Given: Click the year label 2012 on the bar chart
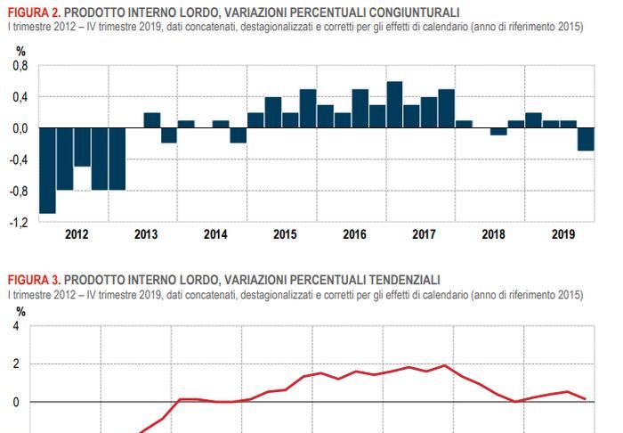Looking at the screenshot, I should point(76,234).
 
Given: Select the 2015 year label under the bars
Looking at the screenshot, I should point(285,234).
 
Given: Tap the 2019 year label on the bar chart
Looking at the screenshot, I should point(562,234).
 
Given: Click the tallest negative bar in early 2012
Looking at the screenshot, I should point(47,170).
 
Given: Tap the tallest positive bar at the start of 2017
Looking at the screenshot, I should point(395,105).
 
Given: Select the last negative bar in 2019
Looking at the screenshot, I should point(586,139).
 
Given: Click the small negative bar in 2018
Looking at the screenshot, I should point(499,132).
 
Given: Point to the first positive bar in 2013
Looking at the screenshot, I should point(152,120).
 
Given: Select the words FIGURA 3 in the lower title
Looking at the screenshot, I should point(32,279).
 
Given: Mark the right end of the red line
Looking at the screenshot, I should point(585,398).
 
